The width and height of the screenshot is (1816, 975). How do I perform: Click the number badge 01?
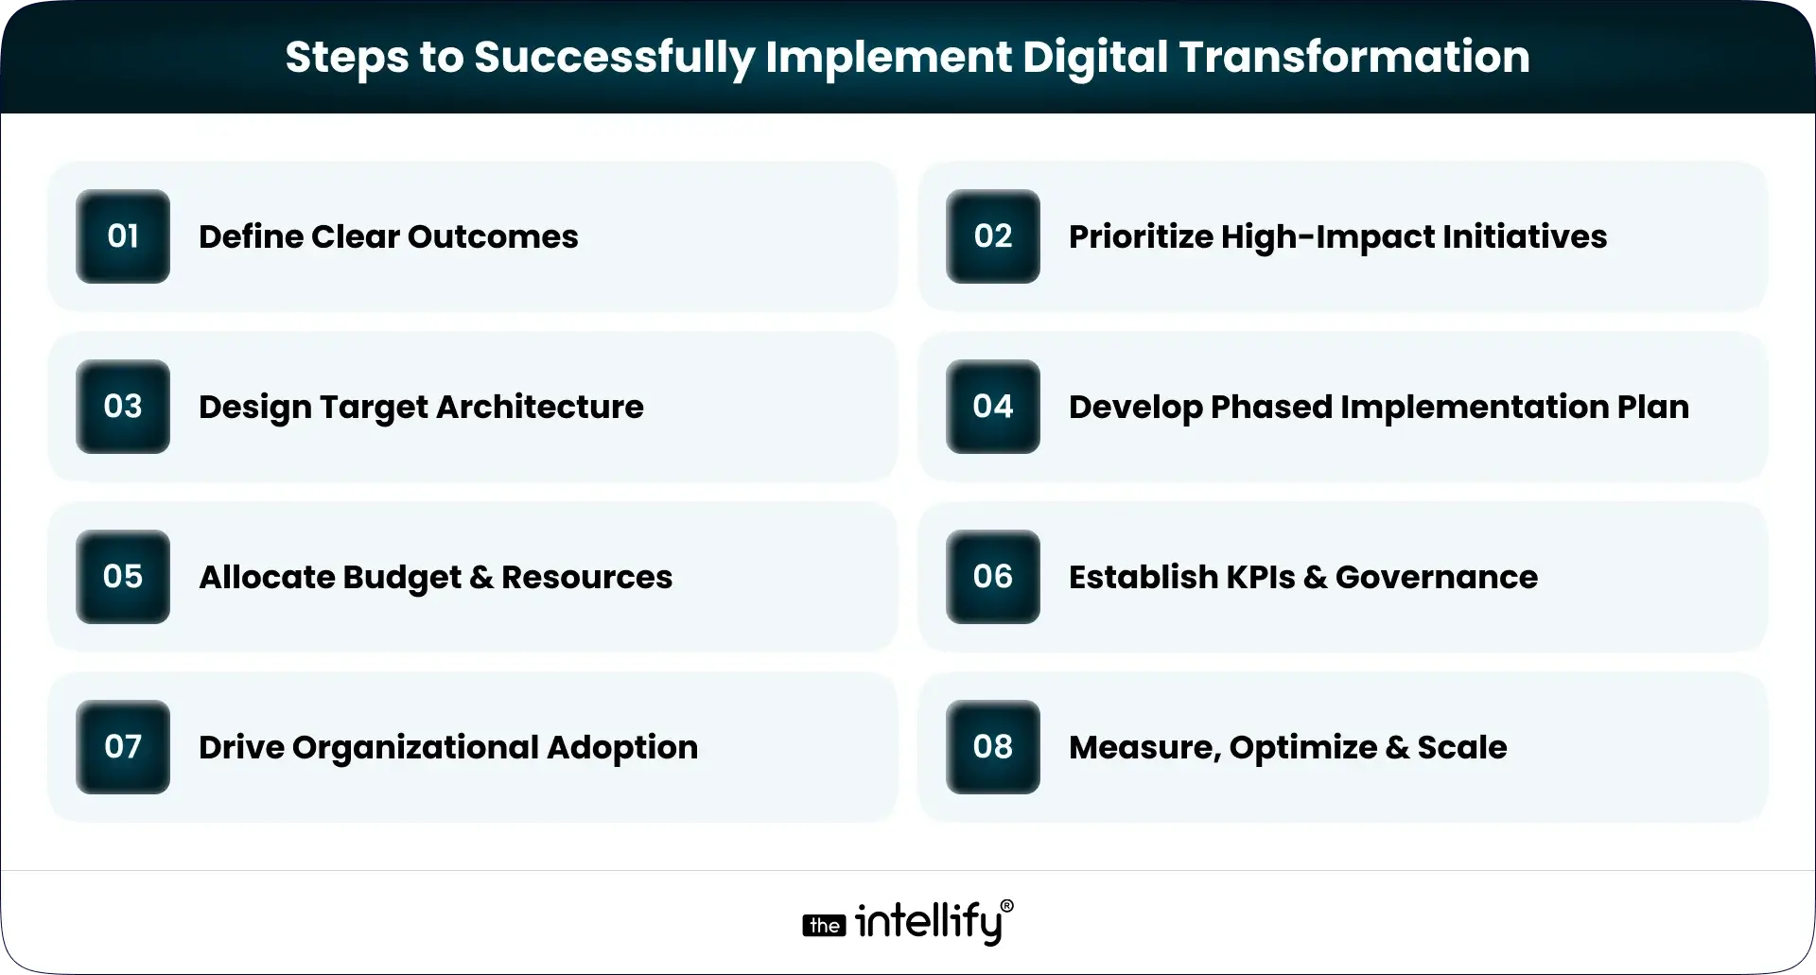click(123, 236)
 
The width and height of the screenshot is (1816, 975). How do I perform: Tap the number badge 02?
click(992, 236)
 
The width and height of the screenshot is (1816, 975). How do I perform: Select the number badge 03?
click(123, 407)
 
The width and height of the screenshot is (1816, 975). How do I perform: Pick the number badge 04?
click(992, 407)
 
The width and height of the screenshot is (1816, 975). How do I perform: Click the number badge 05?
click(123, 577)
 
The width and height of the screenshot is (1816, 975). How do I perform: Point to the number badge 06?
click(992, 577)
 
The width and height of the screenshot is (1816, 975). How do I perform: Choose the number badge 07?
click(123, 747)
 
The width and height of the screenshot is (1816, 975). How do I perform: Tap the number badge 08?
click(992, 747)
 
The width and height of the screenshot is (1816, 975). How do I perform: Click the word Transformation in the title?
click(1353, 57)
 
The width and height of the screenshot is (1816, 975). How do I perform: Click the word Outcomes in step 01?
click(493, 236)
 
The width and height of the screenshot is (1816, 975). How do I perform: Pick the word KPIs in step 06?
click(1260, 577)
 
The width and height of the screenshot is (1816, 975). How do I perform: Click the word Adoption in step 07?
click(621, 748)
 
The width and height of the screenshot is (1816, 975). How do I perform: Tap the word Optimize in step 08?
click(1302, 748)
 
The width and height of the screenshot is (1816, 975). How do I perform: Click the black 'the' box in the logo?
click(824, 926)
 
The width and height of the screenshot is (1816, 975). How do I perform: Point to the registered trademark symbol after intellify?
click(1006, 906)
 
